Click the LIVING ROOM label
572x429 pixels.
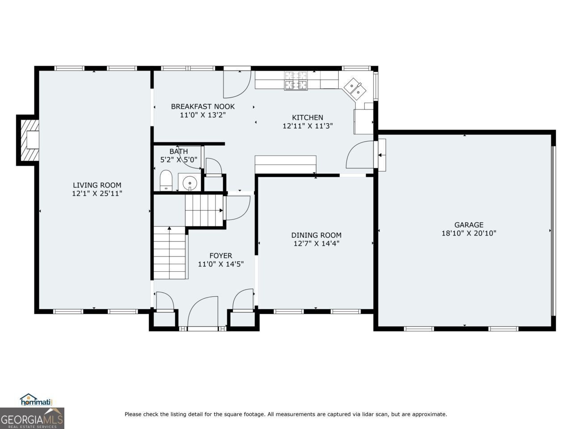tap(97, 185)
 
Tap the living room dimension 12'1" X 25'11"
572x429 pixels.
tap(97, 193)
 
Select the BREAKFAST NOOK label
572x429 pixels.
tap(203, 106)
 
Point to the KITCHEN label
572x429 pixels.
tap(307, 118)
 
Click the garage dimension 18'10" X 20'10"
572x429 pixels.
tap(469, 233)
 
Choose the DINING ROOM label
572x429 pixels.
tap(316, 235)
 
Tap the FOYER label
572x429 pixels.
tap(221, 256)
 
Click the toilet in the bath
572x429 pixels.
tap(166, 181)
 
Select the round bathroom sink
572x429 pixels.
tap(190, 183)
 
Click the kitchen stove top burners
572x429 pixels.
tap(296, 80)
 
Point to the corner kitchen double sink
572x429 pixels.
tap(355, 89)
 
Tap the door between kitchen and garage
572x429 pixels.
tap(360, 155)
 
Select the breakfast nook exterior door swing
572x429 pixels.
tap(237, 84)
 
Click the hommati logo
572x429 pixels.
tap(36, 400)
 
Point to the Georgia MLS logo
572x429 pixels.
tap(32, 418)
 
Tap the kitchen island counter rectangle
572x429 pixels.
tap(286, 164)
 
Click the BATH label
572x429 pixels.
tap(178, 151)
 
